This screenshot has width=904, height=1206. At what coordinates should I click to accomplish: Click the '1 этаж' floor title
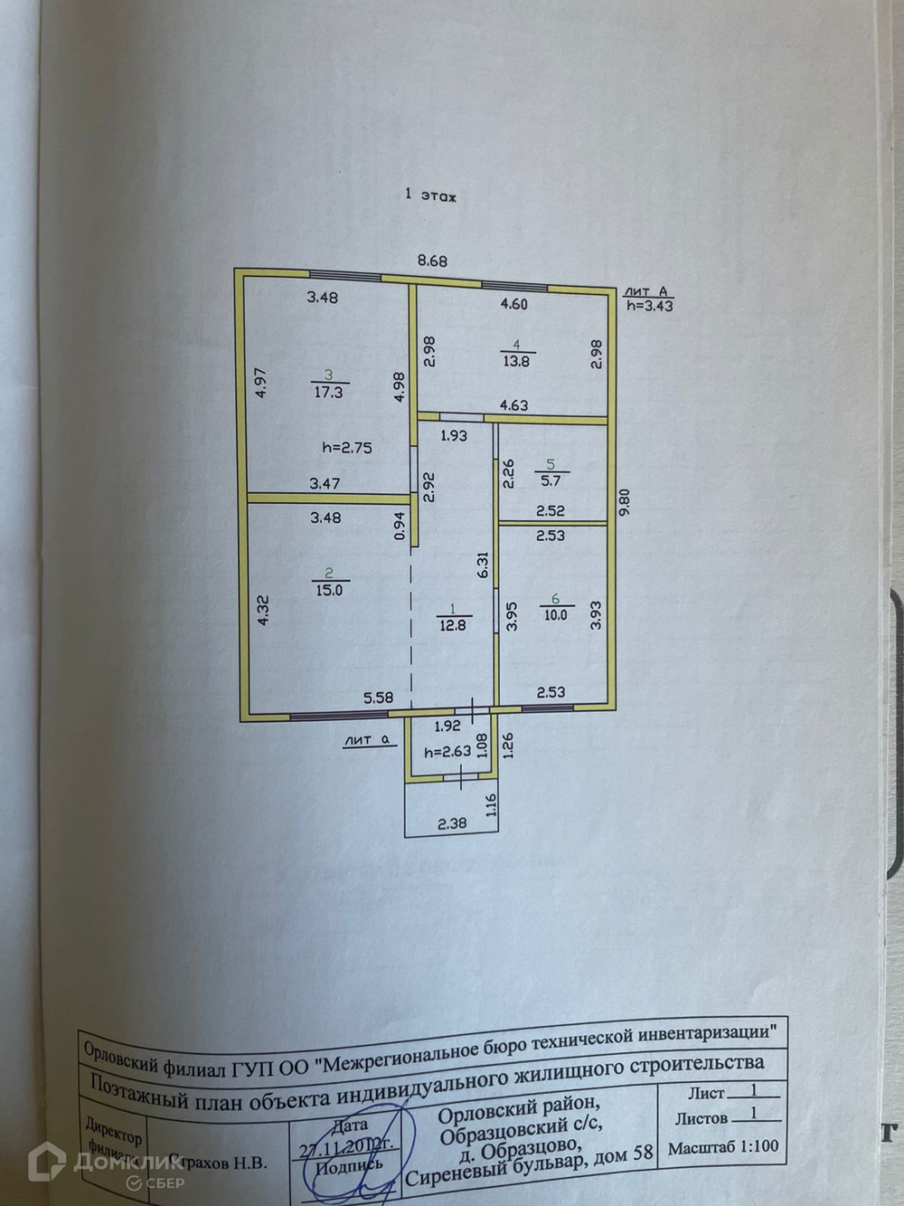click(x=431, y=194)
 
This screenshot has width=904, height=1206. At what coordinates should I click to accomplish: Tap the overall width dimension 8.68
click(x=431, y=261)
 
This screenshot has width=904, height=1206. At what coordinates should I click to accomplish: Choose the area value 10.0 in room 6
click(x=555, y=614)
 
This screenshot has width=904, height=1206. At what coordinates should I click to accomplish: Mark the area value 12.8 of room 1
click(x=452, y=623)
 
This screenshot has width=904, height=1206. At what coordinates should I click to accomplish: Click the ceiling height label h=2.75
click(x=347, y=447)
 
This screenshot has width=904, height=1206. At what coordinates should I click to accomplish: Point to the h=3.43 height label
click(x=650, y=306)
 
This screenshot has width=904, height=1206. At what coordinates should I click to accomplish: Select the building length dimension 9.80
click(x=621, y=504)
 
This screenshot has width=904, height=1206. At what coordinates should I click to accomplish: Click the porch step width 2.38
click(x=452, y=823)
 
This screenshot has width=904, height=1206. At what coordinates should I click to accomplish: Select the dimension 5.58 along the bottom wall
click(x=379, y=698)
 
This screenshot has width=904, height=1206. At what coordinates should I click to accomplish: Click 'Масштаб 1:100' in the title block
click(x=722, y=1147)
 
